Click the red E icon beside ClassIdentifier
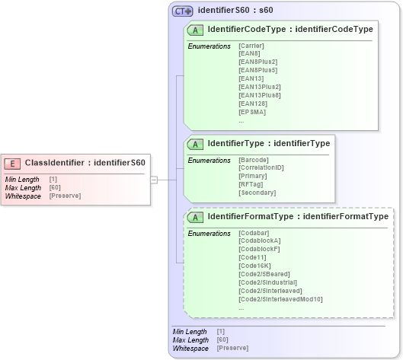(13, 163)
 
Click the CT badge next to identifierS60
(182, 11)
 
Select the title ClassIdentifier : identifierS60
(85, 163)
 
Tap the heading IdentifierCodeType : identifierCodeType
(290, 29)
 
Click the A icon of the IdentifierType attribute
(196, 143)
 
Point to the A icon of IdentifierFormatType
(196, 217)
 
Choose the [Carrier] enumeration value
(251, 46)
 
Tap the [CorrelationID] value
(261, 168)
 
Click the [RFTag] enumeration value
(252, 184)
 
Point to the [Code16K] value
(255, 266)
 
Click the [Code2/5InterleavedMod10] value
(280, 299)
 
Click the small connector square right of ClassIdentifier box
(154, 180)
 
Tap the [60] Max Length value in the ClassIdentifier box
(55, 188)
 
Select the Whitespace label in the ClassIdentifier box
(23, 196)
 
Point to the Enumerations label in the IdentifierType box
(209, 161)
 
